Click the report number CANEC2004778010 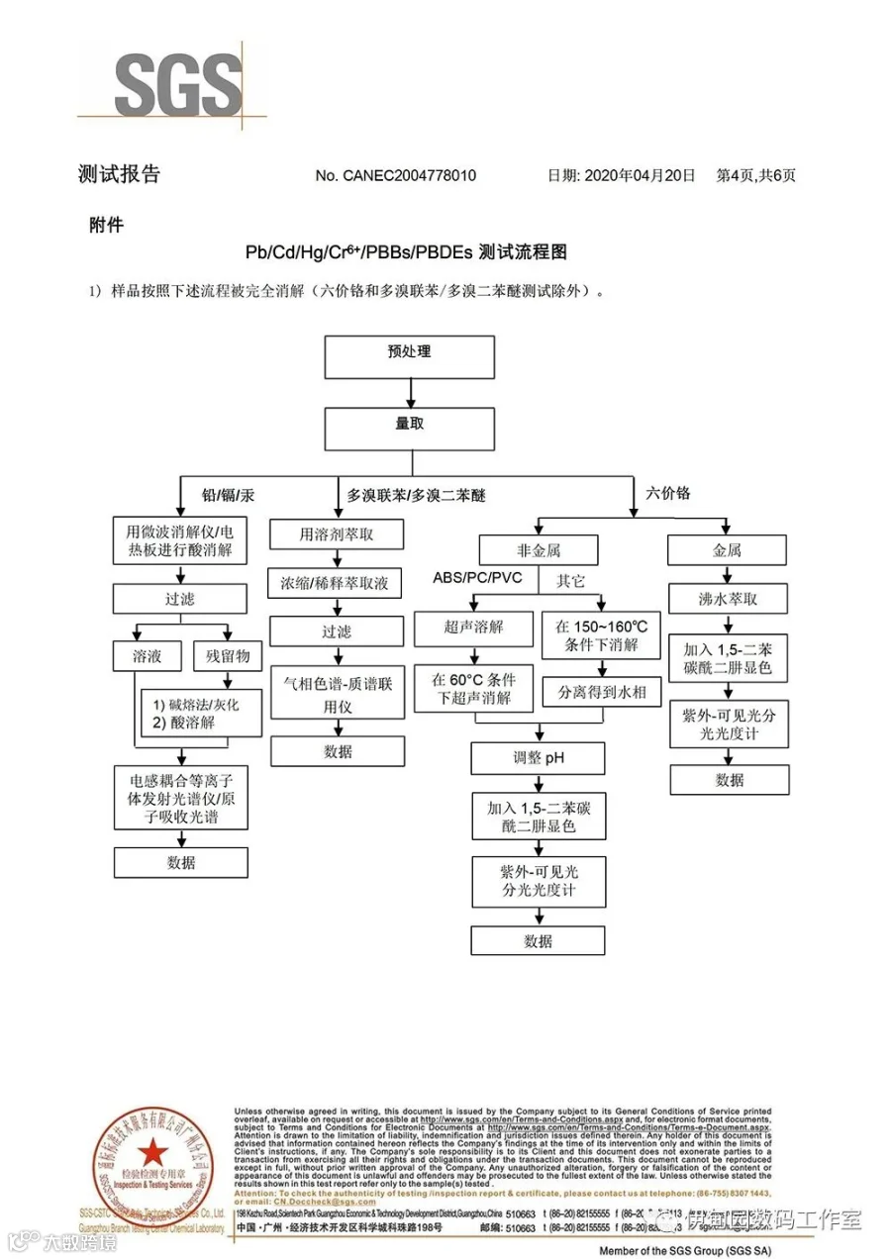(395, 176)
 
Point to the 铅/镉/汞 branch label (228, 494)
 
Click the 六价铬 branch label (668, 493)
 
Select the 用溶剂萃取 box (338, 535)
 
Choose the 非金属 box (539, 549)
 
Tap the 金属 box (728, 549)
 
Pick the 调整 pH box (539, 759)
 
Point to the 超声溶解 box (474, 628)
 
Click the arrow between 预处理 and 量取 (410, 393)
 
